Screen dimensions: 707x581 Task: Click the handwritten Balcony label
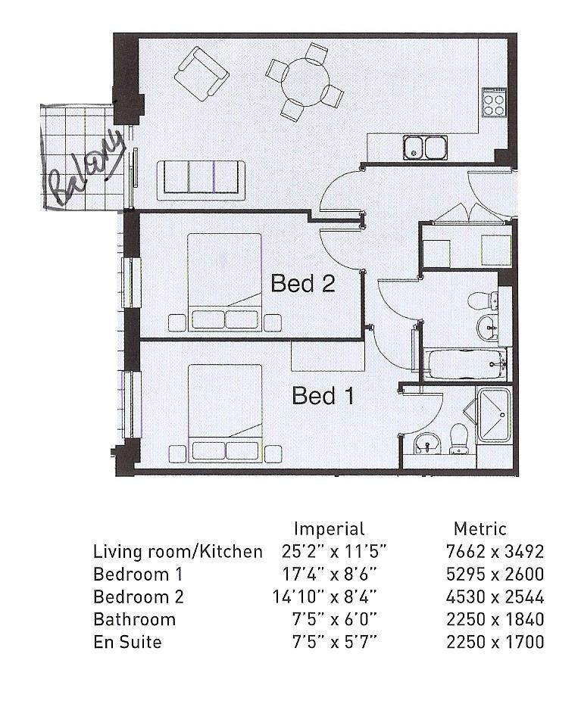[x=85, y=167]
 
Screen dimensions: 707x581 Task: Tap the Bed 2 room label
[x=302, y=284]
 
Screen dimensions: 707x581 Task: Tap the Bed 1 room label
[x=323, y=396]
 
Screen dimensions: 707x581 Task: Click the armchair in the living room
[x=201, y=73]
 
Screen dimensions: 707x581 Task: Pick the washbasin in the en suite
[x=427, y=444]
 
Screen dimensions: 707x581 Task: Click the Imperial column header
[x=329, y=528]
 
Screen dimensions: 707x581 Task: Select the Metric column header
[x=479, y=528]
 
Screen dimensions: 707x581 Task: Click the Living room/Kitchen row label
[x=177, y=551]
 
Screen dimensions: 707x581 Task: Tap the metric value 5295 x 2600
[x=498, y=574]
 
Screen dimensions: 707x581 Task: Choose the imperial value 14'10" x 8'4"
[x=324, y=596]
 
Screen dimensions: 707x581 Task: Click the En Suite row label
[x=127, y=642]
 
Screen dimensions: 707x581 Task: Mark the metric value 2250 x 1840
[x=498, y=619]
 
